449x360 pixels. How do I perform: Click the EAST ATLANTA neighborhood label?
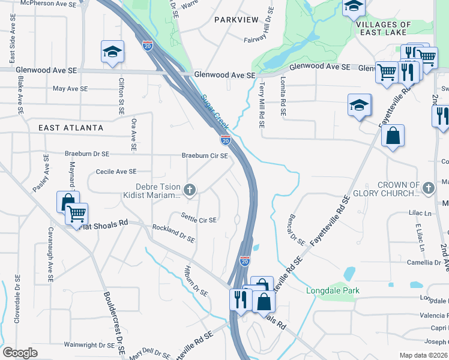point(71,128)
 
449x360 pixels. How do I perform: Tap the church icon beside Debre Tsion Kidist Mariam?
point(190,191)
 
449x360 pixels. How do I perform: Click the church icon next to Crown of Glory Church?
point(428,188)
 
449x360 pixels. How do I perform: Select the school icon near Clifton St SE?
point(112,52)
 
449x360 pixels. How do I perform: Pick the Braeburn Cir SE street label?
point(205,156)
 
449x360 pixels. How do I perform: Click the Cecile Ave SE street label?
point(116,172)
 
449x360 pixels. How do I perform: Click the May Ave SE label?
point(70,88)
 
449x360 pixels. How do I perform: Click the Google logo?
point(20,353)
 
